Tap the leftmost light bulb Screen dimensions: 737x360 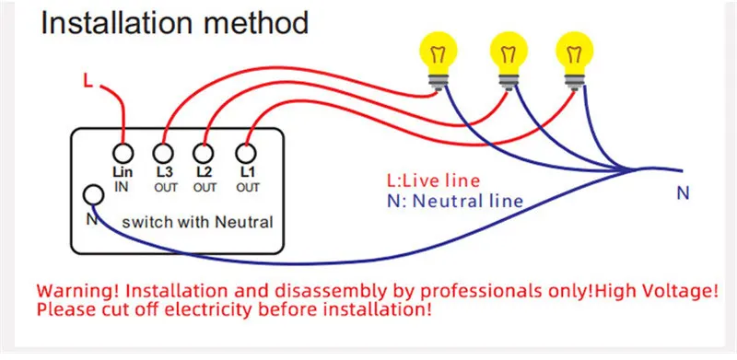(439, 59)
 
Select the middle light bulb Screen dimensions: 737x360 (509, 59)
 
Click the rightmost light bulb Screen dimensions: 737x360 (574, 59)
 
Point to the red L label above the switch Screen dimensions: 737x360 (88, 81)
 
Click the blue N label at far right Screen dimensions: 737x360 (683, 193)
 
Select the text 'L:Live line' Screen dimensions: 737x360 (433, 180)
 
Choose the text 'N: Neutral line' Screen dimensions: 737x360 (455, 201)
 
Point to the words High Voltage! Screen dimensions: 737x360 (656, 291)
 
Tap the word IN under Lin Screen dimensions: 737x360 (122, 187)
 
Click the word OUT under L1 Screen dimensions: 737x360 (248, 188)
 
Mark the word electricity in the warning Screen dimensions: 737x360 (209, 310)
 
